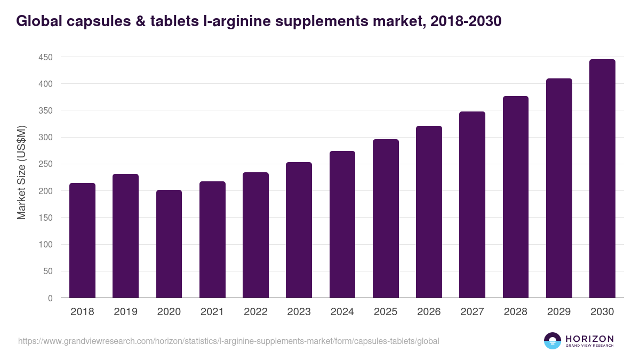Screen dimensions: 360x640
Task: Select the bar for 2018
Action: coord(82,241)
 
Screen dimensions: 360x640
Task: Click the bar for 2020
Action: coord(169,244)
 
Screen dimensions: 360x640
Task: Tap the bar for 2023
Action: coord(299,230)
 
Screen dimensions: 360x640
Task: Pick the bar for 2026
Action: coord(429,212)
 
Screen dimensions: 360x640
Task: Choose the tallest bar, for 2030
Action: coord(602,179)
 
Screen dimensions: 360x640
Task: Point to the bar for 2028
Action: coord(516,197)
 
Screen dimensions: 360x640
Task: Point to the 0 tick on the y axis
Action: coord(50,298)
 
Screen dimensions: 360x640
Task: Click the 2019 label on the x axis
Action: coord(125,312)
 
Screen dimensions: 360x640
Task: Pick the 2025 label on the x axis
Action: coord(386,312)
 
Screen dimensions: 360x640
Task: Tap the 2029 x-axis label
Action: coord(559,312)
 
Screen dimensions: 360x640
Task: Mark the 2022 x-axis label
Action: coord(255,312)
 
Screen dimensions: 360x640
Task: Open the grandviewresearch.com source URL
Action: coord(228,341)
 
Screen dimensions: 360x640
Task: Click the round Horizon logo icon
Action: coord(553,341)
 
